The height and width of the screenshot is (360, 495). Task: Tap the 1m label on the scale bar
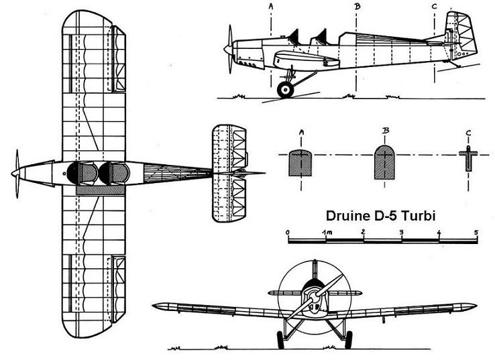tap(327, 233)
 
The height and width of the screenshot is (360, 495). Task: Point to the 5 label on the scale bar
tap(476, 233)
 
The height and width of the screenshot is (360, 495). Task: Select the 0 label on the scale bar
tap(288, 233)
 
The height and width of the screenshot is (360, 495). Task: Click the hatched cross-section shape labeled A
tap(300, 162)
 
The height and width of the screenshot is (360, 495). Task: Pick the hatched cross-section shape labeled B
tap(384, 162)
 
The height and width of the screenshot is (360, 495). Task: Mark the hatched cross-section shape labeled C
tap(468, 159)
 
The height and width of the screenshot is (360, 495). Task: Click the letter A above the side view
tap(271, 6)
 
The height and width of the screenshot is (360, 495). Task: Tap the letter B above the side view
tap(357, 6)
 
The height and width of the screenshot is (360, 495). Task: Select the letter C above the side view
tap(435, 6)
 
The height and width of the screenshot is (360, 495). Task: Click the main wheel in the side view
tap(285, 90)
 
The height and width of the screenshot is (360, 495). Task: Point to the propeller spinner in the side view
tap(228, 49)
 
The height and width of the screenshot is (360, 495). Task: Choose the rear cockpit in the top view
tap(114, 173)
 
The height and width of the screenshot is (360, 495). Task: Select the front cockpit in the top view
tap(82, 173)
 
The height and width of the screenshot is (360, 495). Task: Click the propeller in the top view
tap(16, 174)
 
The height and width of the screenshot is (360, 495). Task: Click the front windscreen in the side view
tap(294, 37)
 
